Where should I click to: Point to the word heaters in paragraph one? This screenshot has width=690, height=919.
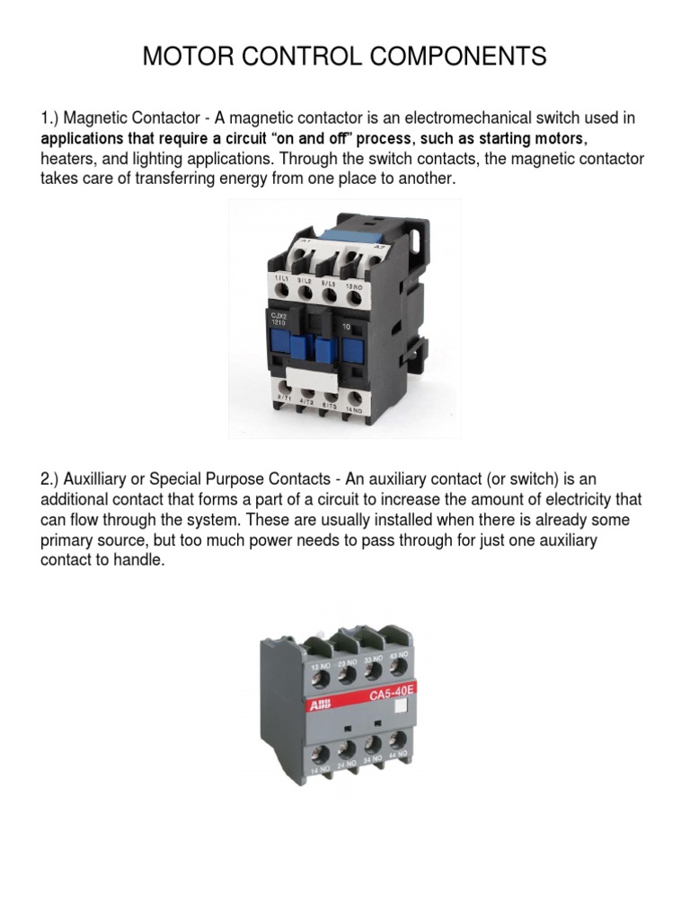(x=67, y=160)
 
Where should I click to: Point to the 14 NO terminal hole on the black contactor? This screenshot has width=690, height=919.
(x=356, y=399)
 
